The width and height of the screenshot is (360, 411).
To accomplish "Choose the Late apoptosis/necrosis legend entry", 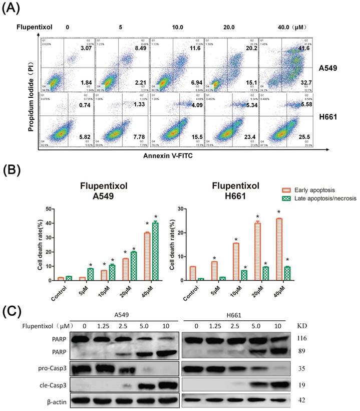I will tap(299, 198).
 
